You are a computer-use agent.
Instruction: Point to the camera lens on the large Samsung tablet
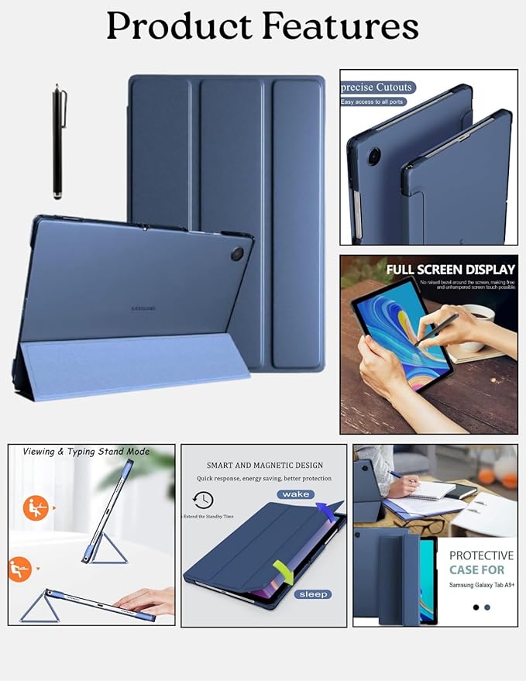click(x=237, y=253)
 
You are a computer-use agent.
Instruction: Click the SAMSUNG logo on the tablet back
click(x=142, y=308)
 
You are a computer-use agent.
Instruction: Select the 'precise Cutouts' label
click(x=377, y=88)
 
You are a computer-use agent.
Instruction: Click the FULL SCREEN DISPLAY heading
click(x=451, y=270)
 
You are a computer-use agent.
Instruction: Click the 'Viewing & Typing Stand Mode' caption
click(x=86, y=452)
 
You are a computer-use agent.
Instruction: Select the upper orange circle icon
click(x=36, y=508)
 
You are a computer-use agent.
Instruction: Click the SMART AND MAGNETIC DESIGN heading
click(x=264, y=466)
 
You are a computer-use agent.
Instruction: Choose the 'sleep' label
click(x=311, y=594)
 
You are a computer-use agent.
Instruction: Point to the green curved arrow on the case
click(x=287, y=575)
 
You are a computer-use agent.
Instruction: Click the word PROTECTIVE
click(x=481, y=555)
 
